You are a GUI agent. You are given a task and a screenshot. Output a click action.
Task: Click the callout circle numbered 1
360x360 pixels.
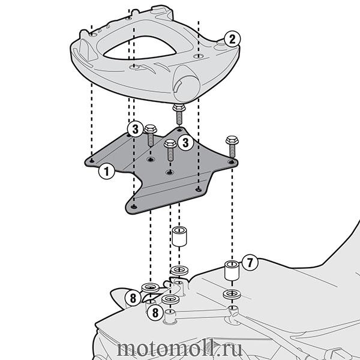107,171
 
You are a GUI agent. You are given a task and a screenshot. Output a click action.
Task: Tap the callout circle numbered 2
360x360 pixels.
232,39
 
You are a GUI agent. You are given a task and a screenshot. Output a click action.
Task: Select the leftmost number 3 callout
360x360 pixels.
135,129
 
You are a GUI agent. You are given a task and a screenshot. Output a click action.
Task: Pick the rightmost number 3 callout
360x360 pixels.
185,143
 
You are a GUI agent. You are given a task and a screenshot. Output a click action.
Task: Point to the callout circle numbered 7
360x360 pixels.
250,262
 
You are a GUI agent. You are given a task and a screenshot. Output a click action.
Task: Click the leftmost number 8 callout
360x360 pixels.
133,298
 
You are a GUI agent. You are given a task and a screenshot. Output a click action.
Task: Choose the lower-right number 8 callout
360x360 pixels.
155,313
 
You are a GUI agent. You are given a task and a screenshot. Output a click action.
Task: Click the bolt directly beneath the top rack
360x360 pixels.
179,114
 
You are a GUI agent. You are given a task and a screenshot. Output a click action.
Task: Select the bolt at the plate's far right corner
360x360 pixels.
232,146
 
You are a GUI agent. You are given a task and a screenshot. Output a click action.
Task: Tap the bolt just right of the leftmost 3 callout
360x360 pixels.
151,136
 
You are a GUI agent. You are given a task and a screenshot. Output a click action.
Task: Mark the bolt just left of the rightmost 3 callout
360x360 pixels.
170,149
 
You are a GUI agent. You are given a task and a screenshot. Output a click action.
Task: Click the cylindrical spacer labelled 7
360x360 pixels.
232,270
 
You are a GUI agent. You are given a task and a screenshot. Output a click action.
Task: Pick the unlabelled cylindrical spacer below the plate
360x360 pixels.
179,236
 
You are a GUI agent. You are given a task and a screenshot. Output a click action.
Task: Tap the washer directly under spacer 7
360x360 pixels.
232,294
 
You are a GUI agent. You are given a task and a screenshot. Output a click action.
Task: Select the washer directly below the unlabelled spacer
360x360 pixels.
179,270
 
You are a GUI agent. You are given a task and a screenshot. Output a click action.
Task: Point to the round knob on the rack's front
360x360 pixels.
187,83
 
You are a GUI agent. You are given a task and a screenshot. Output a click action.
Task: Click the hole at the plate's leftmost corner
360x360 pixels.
92,161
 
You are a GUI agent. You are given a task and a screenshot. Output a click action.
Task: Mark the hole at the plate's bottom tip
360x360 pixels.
134,207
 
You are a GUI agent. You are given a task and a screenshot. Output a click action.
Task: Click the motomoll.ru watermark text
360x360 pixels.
179,349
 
